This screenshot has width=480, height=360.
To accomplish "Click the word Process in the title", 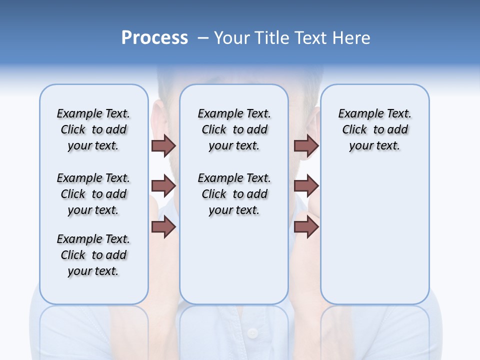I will pyautogui.click(x=154, y=38).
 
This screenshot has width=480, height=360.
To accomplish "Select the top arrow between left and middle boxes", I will pyautogui.click(x=163, y=145).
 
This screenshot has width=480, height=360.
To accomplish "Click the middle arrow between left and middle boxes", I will pyautogui.click(x=163, y=186).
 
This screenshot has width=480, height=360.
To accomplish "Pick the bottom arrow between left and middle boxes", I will pyautogui.click(x=163, y=226).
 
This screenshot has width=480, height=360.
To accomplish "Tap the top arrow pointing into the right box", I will pyautogui.click(x=306, y=145).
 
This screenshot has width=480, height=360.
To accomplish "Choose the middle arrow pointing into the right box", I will pyautogui.click(x=306, y=186).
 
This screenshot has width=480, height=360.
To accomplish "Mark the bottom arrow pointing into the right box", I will pyautogui.click(x=306, y=226).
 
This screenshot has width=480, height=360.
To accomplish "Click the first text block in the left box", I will pyautogui.click(x=93, y=129).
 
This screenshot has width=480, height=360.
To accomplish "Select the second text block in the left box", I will pyautogui.click(x=93, y=194).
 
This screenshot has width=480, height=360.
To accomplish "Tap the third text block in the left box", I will pyautogui.click(x=93, y=255).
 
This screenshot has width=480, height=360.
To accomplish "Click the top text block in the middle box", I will pyautogui.click(x=234, y=129).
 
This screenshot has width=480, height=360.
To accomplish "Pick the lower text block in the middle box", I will pyautogui.click(x=234, y=194).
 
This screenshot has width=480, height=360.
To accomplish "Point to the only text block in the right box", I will pyautogui.click(x=375, y=129).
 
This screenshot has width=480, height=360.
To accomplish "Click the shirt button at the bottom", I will pyautogui.click(x=252, y=332).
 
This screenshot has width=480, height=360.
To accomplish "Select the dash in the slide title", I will pyautogui.click(x=203, y=38).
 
